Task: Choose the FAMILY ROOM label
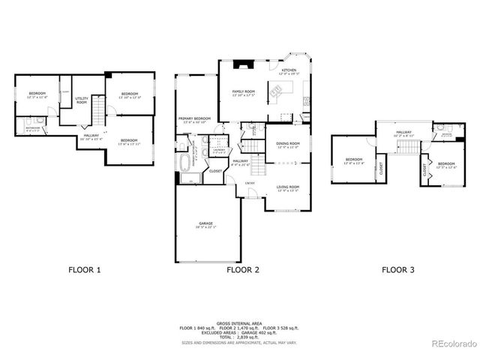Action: click(244, 92)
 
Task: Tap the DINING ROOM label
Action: click(288, 145)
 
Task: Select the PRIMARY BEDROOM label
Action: click(193, 119)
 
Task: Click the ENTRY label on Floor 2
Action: click(250, 182)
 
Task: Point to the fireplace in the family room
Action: click(241, 65)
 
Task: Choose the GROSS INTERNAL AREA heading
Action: click(239, 323)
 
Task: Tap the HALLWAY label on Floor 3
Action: click(404, 132)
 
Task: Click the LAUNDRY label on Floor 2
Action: click(219, 150)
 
